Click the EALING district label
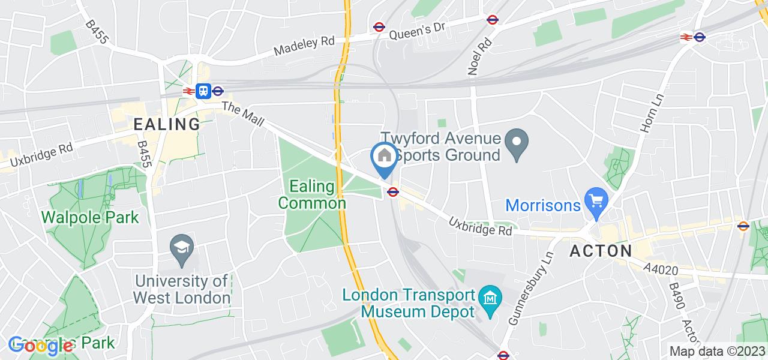[x=167, y=124]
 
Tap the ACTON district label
[x=600, y=250]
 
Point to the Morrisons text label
[x=543, y=205]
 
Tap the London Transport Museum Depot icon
[x=491, y=296]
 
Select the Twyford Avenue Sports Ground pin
[x=516, y=142]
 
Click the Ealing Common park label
[x=312, y=194]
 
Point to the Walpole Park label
[x=90, y=217]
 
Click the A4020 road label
[x=661, y=269]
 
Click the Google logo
[x=41, y=346]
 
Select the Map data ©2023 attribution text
[x=718, y=352]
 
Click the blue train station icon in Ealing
[x=203, y=91]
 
